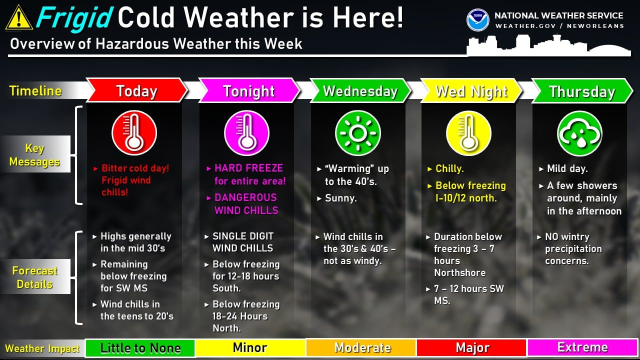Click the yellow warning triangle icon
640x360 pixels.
click(x=19, y=17)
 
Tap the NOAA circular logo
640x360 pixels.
click(x=477, y=20)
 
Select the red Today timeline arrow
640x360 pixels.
click(x=136, y=90)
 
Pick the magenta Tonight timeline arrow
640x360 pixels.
click(x=249, y=90)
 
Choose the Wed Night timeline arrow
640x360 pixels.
click(x=471, y=91)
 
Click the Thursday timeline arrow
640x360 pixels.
click(x=582, y=91)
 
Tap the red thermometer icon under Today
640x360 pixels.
click(x=134, y=133)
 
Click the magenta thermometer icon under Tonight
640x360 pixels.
click(x=246, y=133)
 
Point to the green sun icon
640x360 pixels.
click(x=357, y=133)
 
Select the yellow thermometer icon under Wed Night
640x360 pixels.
click(x=468, y=133)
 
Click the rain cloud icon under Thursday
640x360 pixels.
click(x=579, y=133)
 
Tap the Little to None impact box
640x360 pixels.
click(x=140, y=347)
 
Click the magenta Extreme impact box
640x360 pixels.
click(x=582, y=347)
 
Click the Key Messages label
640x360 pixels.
click(x=35, y=154)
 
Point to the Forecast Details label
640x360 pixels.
click(x=35, y=277)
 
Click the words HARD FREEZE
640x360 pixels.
click(x=248, y=168)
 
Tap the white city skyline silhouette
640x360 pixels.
click(x=548, y=45)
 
